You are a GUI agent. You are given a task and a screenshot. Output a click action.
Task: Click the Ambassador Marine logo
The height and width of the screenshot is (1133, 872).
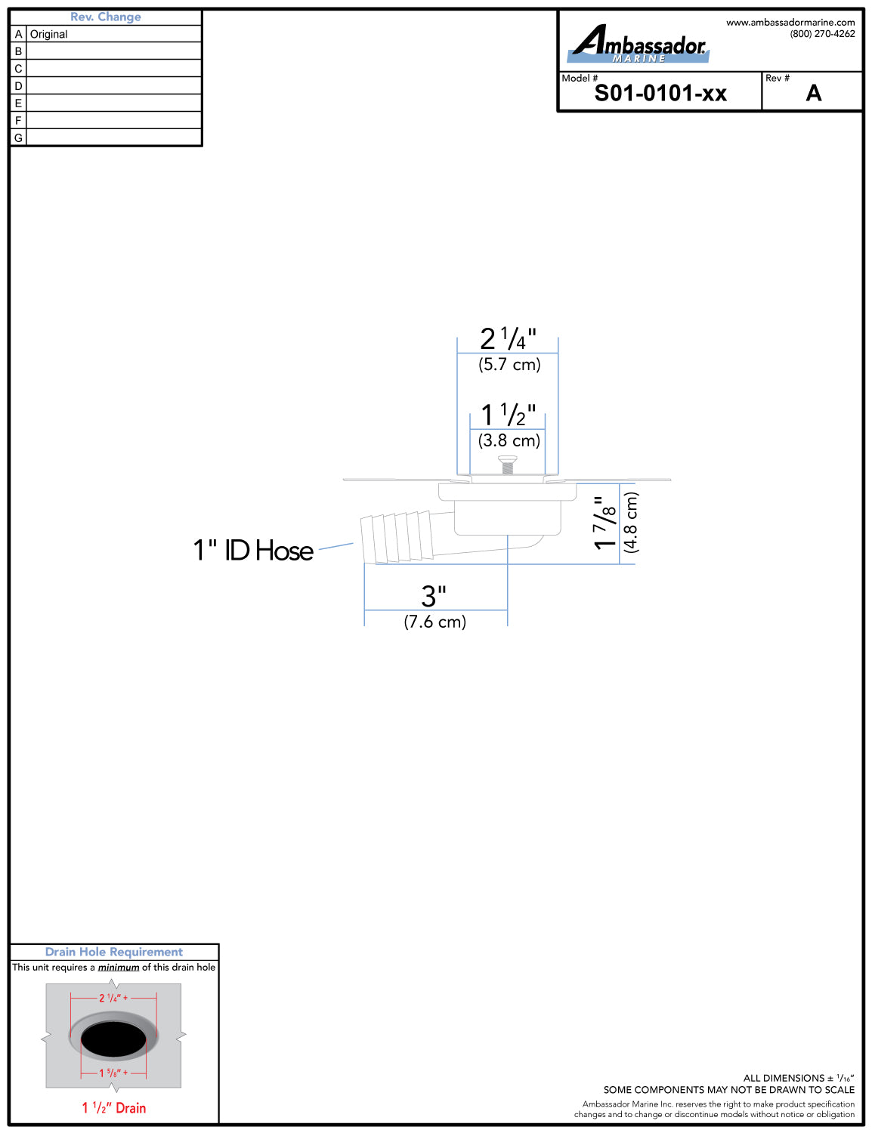[x=639, y=44]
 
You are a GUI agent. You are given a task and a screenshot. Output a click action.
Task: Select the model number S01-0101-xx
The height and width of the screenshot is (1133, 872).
[x=660, y=94]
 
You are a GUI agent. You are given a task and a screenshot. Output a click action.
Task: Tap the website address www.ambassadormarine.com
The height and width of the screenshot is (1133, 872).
[x=790, y=23]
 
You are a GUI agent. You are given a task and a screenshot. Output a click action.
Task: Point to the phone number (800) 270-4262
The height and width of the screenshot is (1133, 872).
[x=822, y=34]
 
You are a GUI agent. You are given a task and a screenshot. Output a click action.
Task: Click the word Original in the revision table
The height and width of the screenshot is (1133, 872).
[x=48, y=35]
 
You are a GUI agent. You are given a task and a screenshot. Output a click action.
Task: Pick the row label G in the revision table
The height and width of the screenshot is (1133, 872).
[x=18, y=137]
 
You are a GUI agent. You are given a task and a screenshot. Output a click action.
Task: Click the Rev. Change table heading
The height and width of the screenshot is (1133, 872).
[x=106, y=17]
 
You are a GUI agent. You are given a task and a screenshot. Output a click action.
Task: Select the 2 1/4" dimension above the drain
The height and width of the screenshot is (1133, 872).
[x=508, y=339]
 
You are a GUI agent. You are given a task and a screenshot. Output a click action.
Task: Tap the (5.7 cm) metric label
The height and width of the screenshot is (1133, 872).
[x=509, y=365]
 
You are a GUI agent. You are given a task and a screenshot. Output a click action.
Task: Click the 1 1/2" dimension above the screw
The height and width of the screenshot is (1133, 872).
[x=508, y=415]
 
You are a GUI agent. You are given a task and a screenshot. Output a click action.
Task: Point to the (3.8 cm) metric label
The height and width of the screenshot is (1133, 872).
[x=509, y=440]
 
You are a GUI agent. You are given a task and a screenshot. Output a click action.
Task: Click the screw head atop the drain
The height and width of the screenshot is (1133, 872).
[x=507, y=459]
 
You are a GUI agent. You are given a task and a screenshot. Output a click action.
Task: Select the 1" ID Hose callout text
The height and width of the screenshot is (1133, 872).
[x=253, y=551]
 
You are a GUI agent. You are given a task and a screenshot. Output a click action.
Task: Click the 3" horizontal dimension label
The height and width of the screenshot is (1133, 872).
[x=434, y=596]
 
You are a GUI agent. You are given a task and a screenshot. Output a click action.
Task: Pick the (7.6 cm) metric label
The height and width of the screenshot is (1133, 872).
[x=435, y=622]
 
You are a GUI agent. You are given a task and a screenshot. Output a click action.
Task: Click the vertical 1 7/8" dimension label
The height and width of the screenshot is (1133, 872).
[x=605, y=523]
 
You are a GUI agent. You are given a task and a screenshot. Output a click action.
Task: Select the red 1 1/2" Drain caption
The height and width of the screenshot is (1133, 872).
[x=113, y=1108]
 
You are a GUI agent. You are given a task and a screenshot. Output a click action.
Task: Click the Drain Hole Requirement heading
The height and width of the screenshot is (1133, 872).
[x=113, y=952]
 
